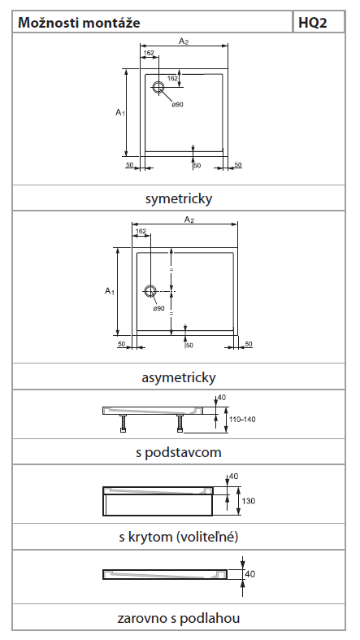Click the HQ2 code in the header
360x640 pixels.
[313, 22]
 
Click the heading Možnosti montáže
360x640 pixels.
[79, 22]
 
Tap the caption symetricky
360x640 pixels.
[179, 199]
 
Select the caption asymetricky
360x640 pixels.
[179, 377]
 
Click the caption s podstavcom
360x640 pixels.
[179, 453]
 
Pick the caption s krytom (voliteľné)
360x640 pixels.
[179, 537]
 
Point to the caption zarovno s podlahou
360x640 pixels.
[179, 618]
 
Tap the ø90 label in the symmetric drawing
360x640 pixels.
[178, 104]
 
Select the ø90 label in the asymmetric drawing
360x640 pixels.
[159, 308]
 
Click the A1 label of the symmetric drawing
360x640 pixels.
[119, 113]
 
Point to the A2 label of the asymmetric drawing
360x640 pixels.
[189, 220]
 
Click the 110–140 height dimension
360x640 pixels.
[244, 419]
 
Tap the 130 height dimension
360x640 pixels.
[249, 501]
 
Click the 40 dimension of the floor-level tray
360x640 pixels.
[250, 574]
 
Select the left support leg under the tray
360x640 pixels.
[123, 423]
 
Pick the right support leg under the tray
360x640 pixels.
[180, 423]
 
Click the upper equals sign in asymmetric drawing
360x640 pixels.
[171, 270]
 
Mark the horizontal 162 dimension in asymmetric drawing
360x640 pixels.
[141, 231]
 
